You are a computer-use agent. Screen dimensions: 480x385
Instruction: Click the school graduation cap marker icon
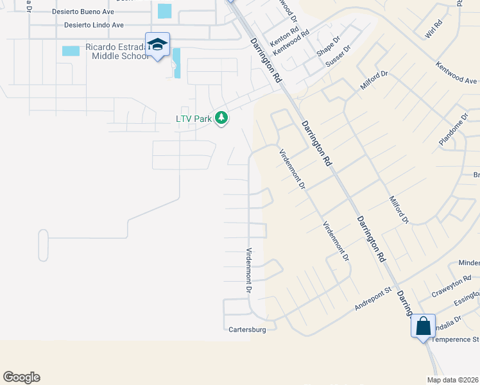coord(157,44)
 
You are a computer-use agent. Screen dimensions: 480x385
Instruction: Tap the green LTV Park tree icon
coord(221,118)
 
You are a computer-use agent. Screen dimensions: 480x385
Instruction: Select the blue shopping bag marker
coord(424,325)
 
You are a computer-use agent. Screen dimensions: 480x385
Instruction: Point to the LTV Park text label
coord(194,119)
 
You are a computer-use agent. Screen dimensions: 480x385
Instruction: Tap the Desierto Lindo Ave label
coord(94,25)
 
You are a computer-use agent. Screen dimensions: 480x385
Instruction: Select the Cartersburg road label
coord(247,330)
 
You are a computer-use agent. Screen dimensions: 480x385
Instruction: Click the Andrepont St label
coord(373,300)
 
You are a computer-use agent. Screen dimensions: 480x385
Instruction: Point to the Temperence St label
coord(455,339)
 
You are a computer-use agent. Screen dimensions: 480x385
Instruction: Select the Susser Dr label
coord(339,56)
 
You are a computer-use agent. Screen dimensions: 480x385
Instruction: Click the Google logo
coord(21,377)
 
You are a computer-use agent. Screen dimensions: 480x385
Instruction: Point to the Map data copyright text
coord(453,380)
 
